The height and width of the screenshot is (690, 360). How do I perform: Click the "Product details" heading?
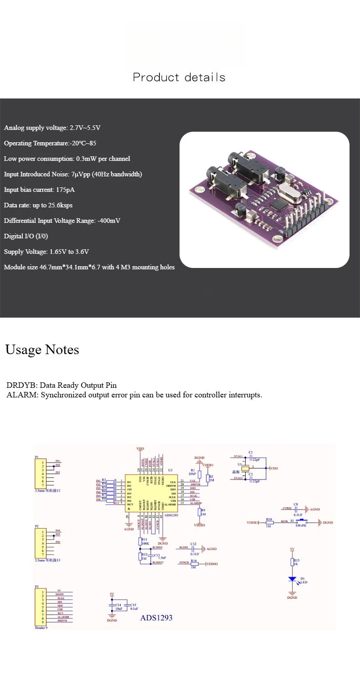(179, 77)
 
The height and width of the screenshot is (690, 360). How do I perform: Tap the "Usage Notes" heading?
(42, 350)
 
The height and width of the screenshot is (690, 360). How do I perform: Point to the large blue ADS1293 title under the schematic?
(156, 618)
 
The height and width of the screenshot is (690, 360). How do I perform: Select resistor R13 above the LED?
(293, 562)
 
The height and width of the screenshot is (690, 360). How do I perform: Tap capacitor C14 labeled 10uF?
(112, 607)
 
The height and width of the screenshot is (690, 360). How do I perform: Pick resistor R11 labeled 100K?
(141, 541)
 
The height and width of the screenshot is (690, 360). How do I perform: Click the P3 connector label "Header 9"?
(41, 628)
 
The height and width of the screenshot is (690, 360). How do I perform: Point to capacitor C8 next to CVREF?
(296, 509)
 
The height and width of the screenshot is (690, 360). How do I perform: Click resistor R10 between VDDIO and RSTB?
(269, 523)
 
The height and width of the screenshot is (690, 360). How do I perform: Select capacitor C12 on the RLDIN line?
(193, 549)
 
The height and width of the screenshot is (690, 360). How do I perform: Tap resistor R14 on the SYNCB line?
(194, 564)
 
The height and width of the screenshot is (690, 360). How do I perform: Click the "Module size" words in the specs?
(21, 267)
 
